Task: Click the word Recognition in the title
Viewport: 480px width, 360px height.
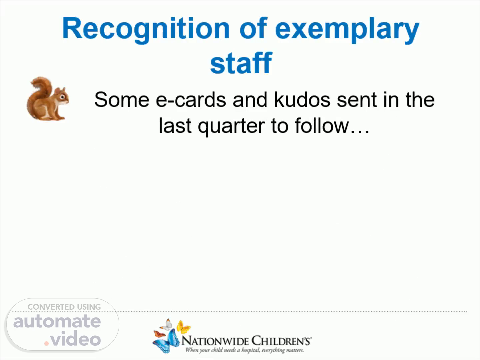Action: (146, 30)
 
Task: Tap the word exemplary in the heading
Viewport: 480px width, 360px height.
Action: (347, 30)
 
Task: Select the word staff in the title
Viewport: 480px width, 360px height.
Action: (241, 63)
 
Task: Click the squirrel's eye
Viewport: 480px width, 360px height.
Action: (62, 96)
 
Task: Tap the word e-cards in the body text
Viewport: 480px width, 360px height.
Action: (191, 100)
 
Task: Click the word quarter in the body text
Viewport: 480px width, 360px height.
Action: (231, 126)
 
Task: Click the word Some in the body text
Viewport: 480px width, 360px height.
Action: (122, 100)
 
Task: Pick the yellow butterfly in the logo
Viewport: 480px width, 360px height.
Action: (183, 327)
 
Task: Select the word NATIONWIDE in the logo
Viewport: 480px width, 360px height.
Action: (215, 341)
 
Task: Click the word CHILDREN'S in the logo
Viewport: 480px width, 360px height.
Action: (282, 341)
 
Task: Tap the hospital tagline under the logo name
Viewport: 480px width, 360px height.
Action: (244, 350)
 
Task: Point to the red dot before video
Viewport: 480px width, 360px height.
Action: (46, 343)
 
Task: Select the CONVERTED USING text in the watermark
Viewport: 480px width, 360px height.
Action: (64, 307)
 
